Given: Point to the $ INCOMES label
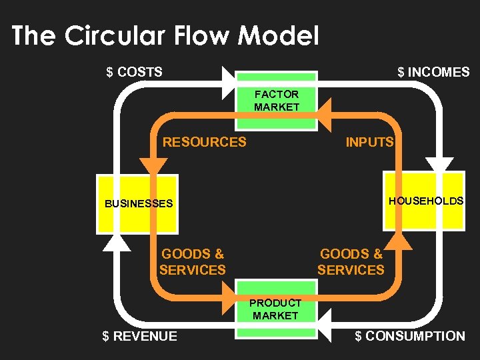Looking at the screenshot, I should point(433,72).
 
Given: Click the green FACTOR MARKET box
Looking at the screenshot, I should point(276,101).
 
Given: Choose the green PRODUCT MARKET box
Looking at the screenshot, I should point(276,309).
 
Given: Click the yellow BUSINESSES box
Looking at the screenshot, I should point(137,203).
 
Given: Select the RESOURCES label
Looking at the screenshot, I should point(205,142).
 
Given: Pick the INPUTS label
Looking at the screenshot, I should point(369,142).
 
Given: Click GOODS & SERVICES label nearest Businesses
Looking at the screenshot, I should point(193,262).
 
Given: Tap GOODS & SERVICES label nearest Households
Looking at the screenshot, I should point(351,262).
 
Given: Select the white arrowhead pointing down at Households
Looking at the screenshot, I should point(439,165).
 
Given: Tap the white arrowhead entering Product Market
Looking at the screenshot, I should point(324,327).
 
